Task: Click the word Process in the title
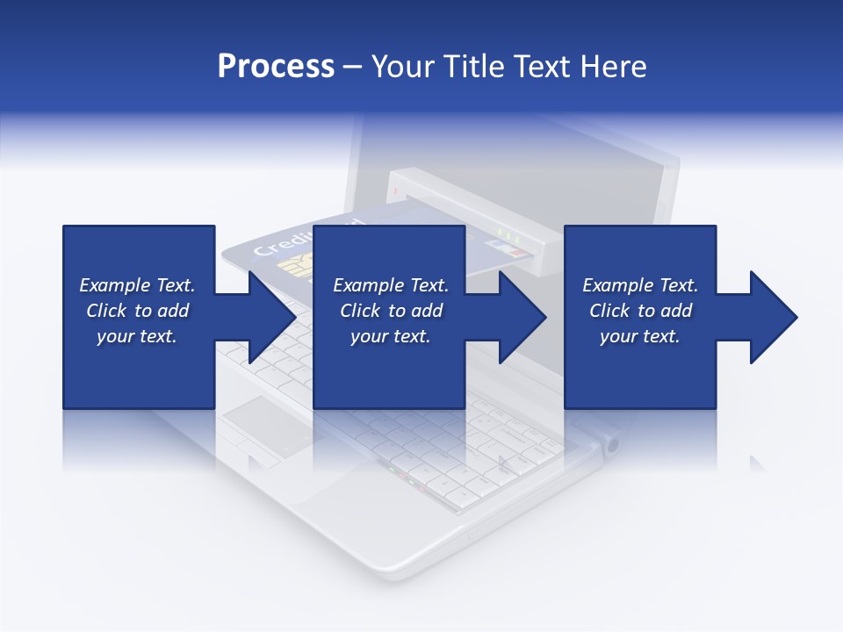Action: pyautogui.click(x=276, y=67)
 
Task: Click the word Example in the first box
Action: pyautogui.click(x=113, y=285)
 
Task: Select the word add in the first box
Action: pyautogui.click(x=173, y=311)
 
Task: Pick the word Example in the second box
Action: pyautogui.click(x=367, y=285)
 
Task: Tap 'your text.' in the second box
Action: pyautogui.click(x=390, y=336)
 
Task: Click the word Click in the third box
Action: pyautogui.click(x=609, y=311)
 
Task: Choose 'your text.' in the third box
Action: pyautogui.click(x=639, y=336)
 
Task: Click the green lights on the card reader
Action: pyautogui.click(x=504, y=233)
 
